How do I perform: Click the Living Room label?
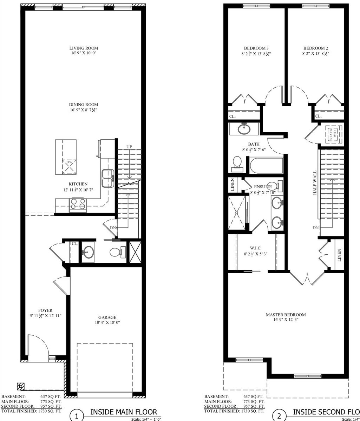pos(83,48)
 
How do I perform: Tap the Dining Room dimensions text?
pos(83,110)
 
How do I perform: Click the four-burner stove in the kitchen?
pos(78,204)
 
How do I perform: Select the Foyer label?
pos(45,310)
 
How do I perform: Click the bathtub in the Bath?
pos(266,165)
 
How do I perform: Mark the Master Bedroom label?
pos(286,315)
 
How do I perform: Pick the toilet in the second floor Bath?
pos(237,163)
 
